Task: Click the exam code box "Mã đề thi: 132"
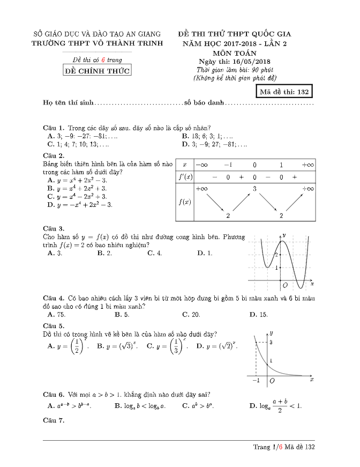point(284,92)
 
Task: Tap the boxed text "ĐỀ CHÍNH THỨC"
point(97,71)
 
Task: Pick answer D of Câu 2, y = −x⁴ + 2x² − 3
point(80,204)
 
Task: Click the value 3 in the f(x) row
point(255,188)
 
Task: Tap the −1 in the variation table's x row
point(228,165)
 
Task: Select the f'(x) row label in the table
point(185,176)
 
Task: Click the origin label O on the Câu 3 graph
point(285,284)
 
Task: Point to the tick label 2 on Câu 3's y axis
point(276,255)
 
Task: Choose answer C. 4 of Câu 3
point(155,253)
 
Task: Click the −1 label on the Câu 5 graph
point(256,380)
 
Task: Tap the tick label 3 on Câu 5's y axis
point(271,342)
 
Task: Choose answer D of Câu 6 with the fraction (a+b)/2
point(275,405)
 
